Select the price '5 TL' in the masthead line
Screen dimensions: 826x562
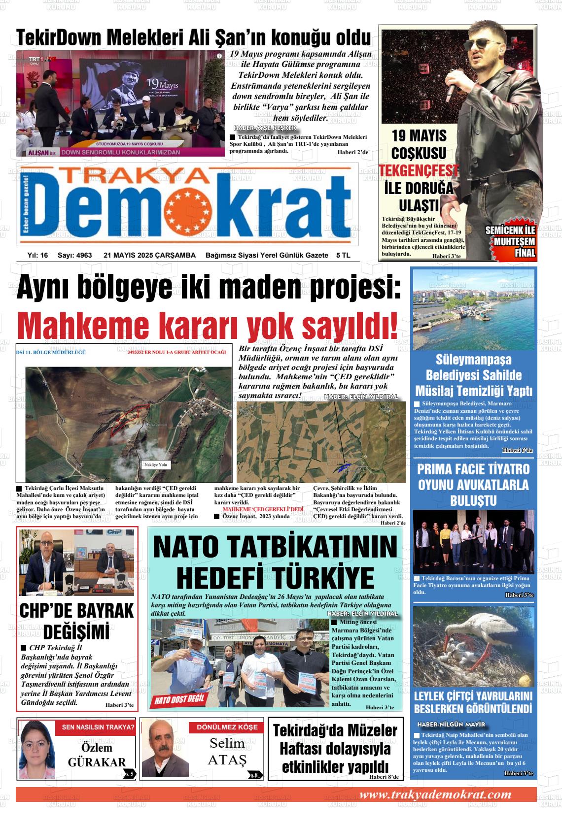point(343,255)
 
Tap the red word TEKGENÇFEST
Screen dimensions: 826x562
point(419,171)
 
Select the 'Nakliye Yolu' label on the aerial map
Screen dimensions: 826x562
point(156,464)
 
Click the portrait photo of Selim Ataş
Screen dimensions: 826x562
point(161,749)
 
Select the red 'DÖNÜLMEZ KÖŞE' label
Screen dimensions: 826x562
point(227,727)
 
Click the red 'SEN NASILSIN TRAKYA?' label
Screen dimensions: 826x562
point(98,727)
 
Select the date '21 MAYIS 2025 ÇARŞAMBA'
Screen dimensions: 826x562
point(149,255)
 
